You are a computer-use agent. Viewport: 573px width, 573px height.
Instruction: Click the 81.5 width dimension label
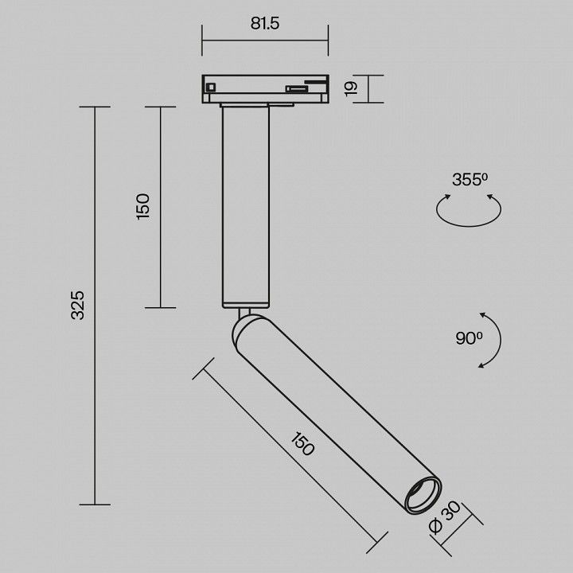tap(265, 23)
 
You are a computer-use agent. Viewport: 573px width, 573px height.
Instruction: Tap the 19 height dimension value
tap(351, 89)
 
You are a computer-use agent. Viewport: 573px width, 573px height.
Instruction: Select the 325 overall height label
tap(77, 306)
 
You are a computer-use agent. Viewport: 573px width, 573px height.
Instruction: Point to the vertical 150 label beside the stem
tap(143, 206)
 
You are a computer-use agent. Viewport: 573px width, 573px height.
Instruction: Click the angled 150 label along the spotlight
tap(302, 444)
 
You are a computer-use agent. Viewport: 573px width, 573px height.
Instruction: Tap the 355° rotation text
tap(470, 179)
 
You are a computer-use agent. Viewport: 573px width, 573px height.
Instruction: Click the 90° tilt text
tap(469, 338)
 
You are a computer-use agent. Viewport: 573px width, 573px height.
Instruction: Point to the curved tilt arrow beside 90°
tap(501, 340)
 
